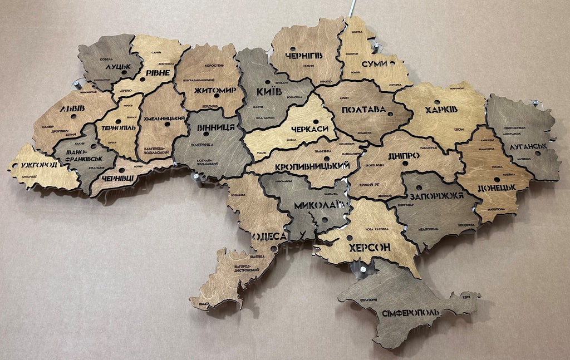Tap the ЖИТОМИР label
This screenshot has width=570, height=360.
(x=215, y=90)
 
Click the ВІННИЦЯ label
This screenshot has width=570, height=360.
(x=215, y=127)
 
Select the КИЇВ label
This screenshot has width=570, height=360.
(x=269, y=91)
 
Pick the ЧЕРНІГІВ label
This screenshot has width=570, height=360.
(x=303, y=55)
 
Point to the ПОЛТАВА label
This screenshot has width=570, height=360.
(x=363, y=110)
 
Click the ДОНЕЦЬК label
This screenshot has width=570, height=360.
(x=496, y=187)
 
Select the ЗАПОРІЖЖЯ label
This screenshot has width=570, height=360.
(x=436, y=196)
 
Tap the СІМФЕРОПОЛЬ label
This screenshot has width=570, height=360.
(x=410, y=312)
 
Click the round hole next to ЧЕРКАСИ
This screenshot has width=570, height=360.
(x=316, y=121)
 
